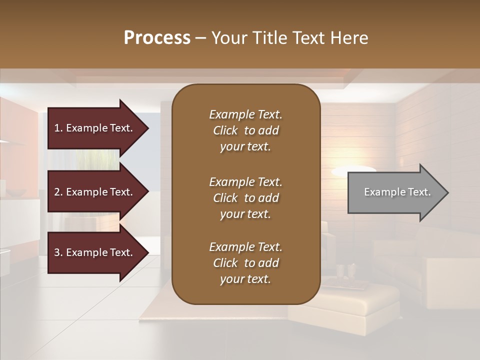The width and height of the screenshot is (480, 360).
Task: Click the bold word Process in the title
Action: [x=157, y=38]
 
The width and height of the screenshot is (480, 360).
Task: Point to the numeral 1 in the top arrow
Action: [x=57, y=128]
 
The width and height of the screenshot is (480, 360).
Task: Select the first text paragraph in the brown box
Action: [x=245, y=130]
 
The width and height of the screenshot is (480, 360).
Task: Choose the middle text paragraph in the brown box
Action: [x=245, y=198]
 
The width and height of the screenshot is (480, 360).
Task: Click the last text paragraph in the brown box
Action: [x=245, y=263]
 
